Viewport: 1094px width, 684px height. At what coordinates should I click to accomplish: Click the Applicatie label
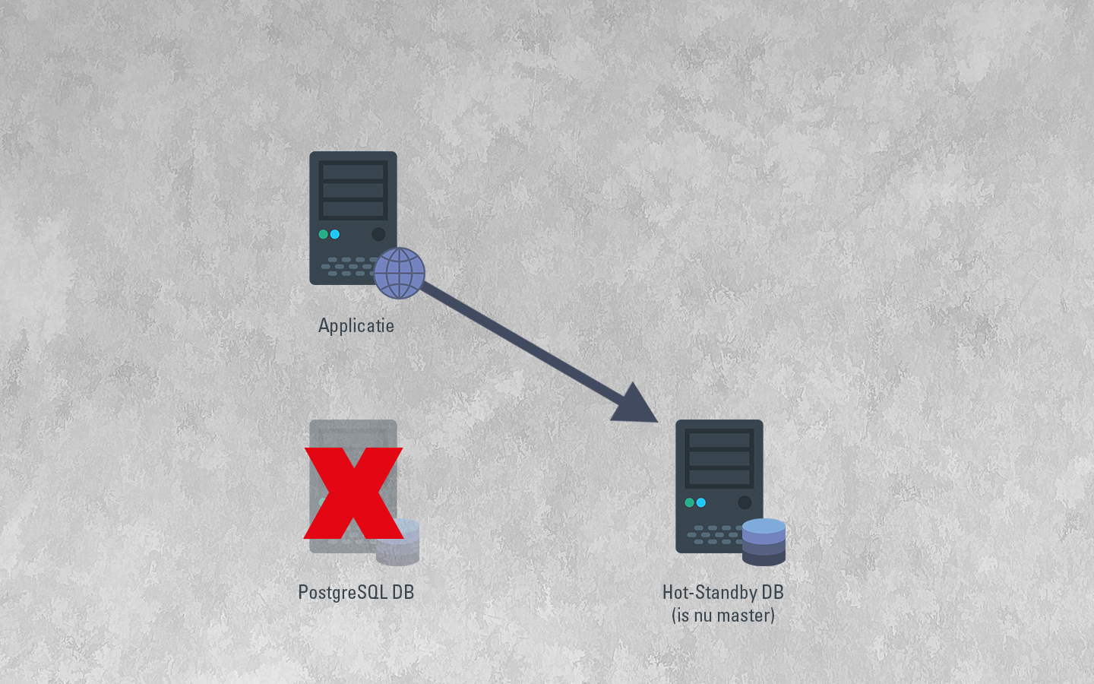coord(356,326)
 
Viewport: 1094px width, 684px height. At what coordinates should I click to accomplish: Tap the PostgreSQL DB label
coord(356,592)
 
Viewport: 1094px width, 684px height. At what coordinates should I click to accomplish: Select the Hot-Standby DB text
coord(722,592)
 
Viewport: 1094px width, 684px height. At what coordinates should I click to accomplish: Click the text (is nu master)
coord(722,615)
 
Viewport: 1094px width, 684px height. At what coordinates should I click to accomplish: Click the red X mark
coord(353,493)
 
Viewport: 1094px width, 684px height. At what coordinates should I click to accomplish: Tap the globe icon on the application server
coord(400,273)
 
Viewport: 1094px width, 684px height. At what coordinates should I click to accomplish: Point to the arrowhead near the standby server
coord(635,404)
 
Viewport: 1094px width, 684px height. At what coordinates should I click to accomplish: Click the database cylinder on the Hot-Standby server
coord(764,542)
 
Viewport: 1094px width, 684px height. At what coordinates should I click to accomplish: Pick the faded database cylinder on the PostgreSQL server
coord(398,542)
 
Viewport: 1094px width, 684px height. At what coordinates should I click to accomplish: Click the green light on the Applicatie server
coord(324,234)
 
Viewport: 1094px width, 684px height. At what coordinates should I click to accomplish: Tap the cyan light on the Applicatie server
coord(335,234)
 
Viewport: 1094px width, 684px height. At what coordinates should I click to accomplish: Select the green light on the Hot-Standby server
coord(690,502)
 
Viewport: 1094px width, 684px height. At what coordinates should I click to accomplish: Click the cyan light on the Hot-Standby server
coord(701,502)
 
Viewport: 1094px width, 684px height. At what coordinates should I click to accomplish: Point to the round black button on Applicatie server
coord(378,234)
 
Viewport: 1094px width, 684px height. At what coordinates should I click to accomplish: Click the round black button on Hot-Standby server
coord(745,502)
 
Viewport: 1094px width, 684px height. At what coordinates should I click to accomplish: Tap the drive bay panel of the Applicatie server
coord(353,190)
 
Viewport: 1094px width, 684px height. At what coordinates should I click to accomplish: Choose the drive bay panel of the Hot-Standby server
coord(719,459)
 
